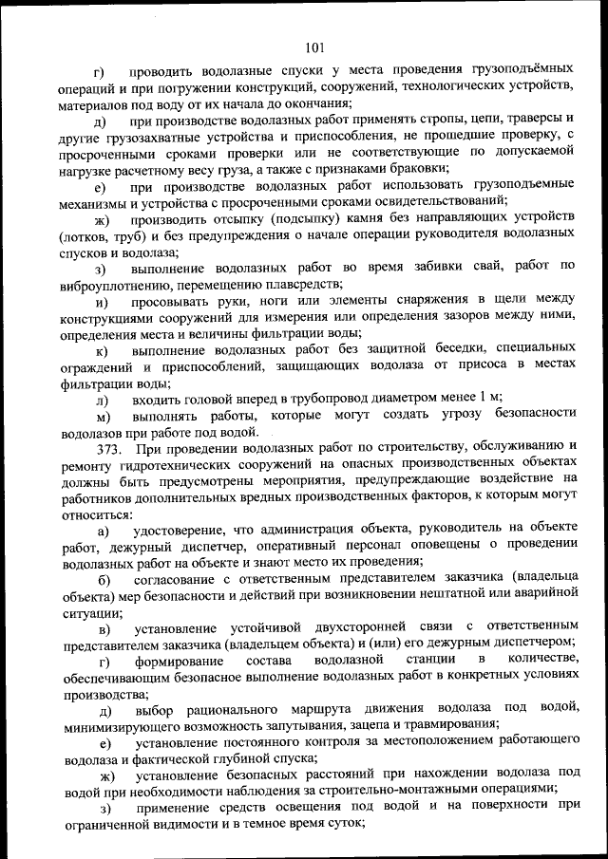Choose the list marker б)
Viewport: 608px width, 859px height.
tap(104, 579)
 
